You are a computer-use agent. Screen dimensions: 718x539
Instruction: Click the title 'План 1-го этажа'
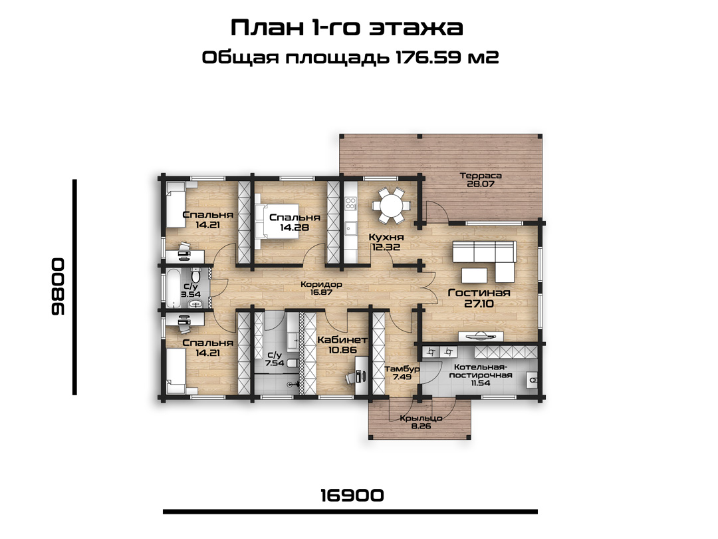click(x=346, y=28)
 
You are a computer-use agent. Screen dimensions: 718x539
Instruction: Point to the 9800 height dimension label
click(x=58, y=287)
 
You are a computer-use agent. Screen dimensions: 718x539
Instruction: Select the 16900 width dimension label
click(x=352, y=496)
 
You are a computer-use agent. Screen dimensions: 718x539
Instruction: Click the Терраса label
click(x=481, y=176)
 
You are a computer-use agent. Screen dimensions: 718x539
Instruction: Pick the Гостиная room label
click(x=479, y=292)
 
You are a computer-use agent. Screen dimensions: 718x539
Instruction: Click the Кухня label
click(x=386, y=238)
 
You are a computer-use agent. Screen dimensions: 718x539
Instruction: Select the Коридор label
click(x=321, y=284)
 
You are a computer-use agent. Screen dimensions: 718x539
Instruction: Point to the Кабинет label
click(x=342, y=339)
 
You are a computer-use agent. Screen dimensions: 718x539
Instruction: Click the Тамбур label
click(x=402, y=369)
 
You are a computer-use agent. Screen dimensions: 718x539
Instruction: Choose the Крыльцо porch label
click(x=421, y=418)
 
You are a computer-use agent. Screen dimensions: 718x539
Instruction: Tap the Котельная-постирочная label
click(x=481, y=371)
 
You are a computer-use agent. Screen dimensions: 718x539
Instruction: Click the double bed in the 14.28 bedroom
click(x=277, y=222)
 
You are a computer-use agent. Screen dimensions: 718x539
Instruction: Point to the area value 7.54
click(x=275, y=363)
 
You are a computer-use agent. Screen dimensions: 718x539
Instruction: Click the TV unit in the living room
click(x=481, y=337)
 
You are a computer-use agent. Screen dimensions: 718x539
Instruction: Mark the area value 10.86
click(x=342, y=351)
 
